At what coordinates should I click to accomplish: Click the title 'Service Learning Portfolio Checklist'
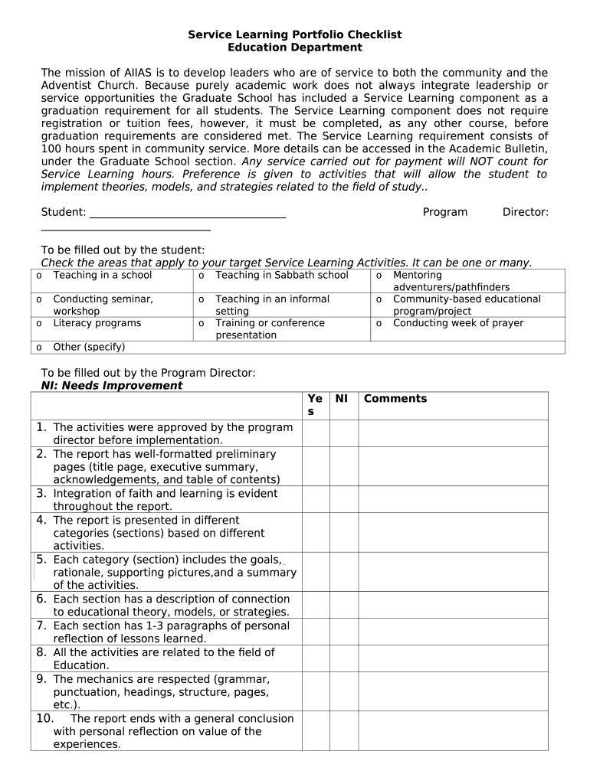click(295, 35)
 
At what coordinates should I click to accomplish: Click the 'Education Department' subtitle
click(295, 47)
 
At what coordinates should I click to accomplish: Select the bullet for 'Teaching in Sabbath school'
click(202, 276)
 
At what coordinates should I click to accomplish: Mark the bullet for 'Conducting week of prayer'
click(379, 324)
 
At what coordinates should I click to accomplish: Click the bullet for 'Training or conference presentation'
click(202, 324)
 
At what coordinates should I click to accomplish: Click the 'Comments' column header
click(395, 399)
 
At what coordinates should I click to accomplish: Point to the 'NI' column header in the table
click(342, 399)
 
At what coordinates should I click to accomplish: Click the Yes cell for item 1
click(316, 433)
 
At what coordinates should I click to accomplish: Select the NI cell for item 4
click(344, 533)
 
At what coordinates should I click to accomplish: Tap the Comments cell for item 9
click(453, 691)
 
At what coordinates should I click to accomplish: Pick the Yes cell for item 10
click(316, 731)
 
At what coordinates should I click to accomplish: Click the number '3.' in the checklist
click(41, 494)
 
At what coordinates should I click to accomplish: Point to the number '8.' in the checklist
click(41, 652)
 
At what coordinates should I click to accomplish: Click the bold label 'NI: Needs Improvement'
click(112, 386)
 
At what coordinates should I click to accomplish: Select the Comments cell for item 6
click(453, 605)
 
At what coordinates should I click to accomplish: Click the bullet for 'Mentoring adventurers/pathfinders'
click(379, 276)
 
